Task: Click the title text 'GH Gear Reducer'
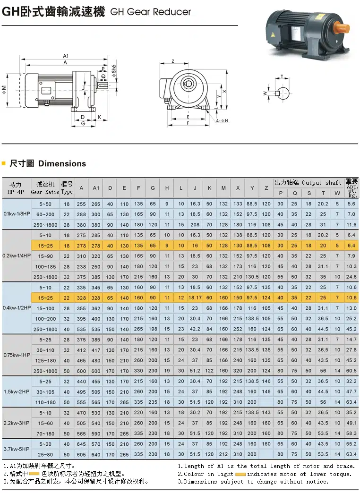pos(150,12)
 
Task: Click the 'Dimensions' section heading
pos(62,164)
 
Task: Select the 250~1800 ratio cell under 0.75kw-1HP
pos(45,371)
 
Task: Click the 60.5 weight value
pos(351,371)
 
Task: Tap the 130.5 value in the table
pos(252,277)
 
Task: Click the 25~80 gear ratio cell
pos(45,454)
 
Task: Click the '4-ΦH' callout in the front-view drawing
pos(222,121)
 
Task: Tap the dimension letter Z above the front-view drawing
pos(173,61)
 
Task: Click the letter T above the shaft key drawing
pos(282,76)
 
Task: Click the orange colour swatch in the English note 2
pos(240,474)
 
